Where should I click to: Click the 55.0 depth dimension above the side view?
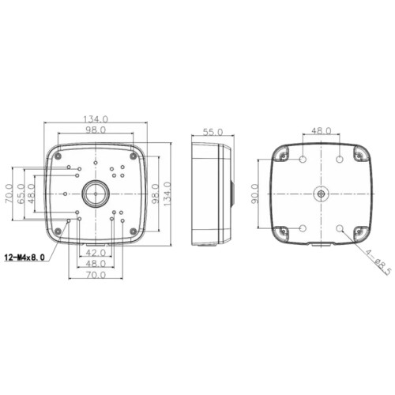point(213,132)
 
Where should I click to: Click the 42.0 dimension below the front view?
point(96,253)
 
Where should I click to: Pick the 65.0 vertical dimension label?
point(21,193)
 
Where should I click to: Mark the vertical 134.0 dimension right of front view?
point(167,193)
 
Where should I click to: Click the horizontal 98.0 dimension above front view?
point(96,130)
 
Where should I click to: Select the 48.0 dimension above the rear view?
point(322,132)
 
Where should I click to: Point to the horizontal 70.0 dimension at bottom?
point(96,274)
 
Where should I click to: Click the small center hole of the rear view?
point(322,193)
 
